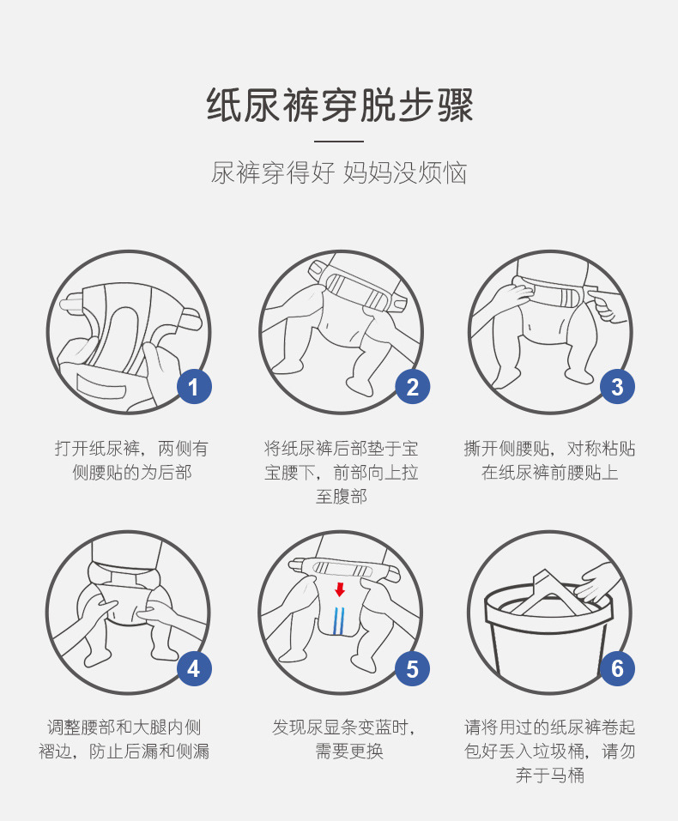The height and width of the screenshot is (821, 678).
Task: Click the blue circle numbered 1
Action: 194,387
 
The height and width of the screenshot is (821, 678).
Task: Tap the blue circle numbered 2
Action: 413,387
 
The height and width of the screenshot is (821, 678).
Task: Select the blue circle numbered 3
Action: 617,387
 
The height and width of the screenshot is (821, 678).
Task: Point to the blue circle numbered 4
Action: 194,668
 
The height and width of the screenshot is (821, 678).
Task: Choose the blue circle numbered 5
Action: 413,668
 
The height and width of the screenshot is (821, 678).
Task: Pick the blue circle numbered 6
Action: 617,668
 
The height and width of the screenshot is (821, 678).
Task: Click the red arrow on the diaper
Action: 340,589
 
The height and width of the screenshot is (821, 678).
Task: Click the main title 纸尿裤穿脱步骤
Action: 339,106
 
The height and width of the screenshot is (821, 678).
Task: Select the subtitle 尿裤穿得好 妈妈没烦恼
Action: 339,172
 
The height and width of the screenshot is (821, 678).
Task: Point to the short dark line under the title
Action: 339,140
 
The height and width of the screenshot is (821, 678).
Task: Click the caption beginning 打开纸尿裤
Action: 132,461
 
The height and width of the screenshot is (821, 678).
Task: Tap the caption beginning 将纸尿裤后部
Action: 341,473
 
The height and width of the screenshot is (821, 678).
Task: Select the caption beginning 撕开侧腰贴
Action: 550,461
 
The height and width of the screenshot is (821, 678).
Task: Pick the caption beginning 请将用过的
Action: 550,752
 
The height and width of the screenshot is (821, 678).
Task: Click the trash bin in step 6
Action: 549,635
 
